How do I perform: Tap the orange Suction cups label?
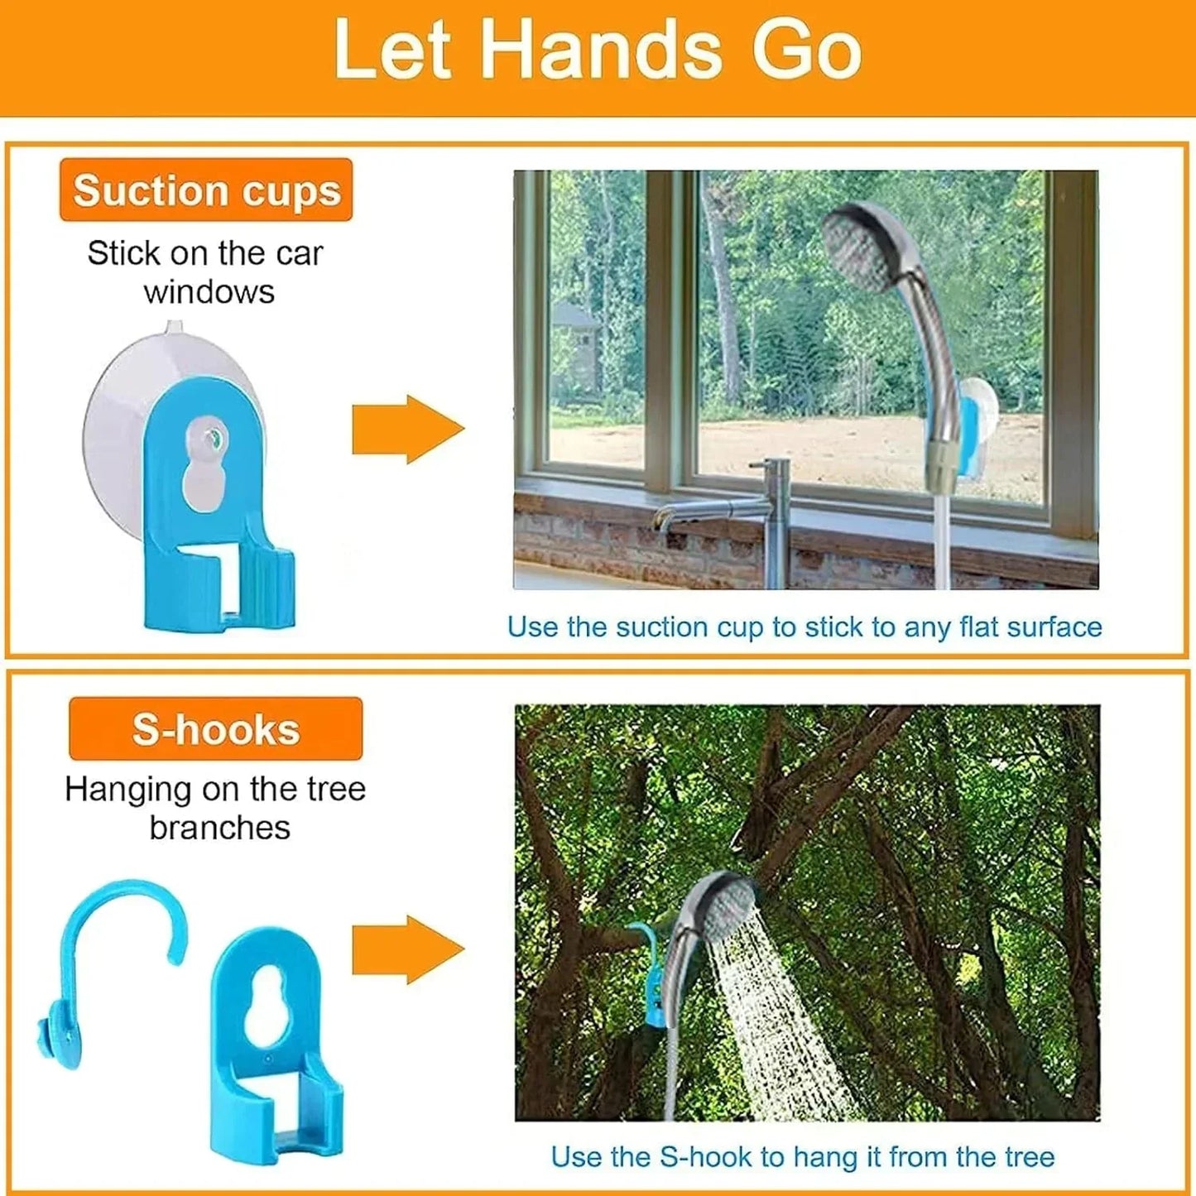(x=206, y=190)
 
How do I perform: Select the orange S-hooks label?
(x=215, y=729)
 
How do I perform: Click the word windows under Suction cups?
(x=209, y=292)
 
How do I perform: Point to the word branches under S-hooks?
(x=219, y=827)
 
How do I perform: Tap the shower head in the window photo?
(x=865, y=248)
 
